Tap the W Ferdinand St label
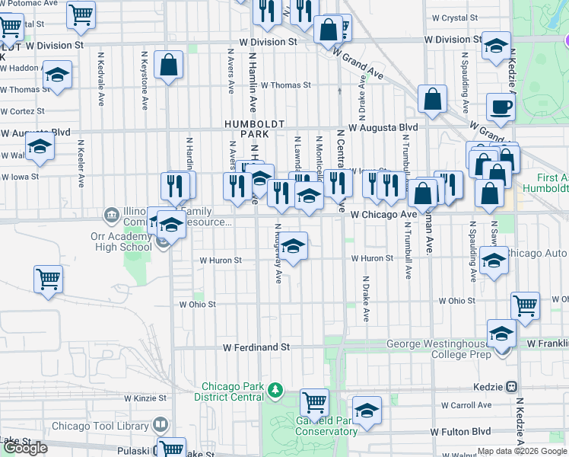click(x=256, y=347)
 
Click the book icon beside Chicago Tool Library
click(x=160, y=424)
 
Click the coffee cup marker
click(x=501, y=107)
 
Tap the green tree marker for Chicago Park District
click(x=275, y=391)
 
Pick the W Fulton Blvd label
click(x=460, y=432)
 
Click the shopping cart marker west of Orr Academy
click(x=48, y=278)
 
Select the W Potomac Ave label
click(x=30, y=4)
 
